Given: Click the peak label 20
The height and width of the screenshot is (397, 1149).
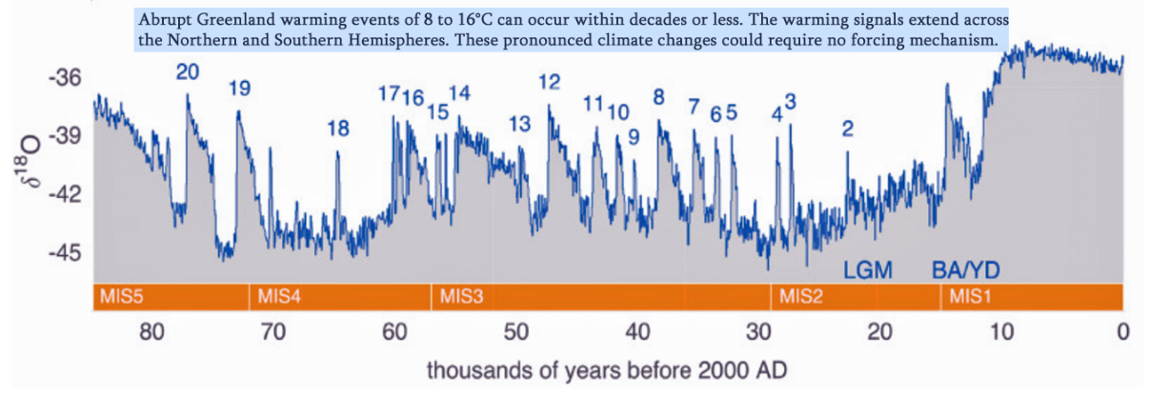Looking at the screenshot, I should click(x=187, y=71).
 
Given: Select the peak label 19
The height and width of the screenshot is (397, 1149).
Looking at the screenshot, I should click(x=239, y=89).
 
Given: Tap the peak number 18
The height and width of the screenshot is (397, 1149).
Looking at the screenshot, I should click(x=338, y=129).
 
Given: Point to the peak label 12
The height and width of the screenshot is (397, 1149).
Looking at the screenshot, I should click(x=549, y=82).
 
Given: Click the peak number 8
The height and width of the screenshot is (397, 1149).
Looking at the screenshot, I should click(x=658, y=96).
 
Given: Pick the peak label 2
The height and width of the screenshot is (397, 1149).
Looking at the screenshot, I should click(x=847, y=129).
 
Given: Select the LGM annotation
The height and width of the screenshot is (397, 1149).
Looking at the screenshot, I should click(x=867, y=270).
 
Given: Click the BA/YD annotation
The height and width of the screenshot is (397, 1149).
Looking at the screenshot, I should click(x=965, y=270).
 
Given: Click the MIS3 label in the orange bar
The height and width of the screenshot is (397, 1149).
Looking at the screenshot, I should click(x=461, y=297).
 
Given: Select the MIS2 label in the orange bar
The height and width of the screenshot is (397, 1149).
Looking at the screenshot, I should click(x=800, y=297).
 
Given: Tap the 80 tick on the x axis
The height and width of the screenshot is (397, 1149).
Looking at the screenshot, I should click(x=152, y=332).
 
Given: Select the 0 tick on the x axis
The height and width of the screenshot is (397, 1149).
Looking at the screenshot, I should click(x=1123, y=332).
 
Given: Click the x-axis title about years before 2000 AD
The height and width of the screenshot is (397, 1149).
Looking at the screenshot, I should click(x=607, y=368).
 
